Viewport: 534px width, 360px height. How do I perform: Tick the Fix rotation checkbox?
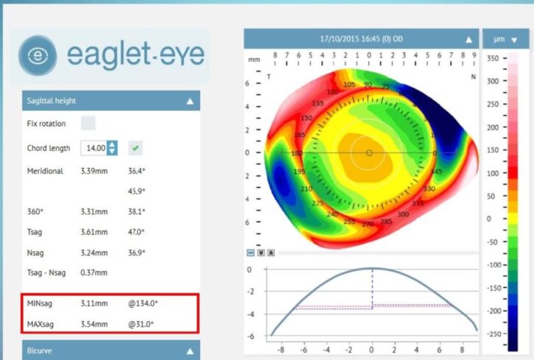(x=88, y=123)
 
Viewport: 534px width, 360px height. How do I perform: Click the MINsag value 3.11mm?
(x=94, y=303)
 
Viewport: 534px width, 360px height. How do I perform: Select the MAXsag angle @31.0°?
(x=141, y=323)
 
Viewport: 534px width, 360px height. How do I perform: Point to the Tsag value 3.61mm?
(x=94, y=231)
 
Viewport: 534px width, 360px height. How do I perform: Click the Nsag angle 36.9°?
(x=137, y=252)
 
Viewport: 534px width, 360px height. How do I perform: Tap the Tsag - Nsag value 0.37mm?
(x=94, y=272)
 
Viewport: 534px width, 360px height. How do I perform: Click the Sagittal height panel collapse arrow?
(x=190, y=101)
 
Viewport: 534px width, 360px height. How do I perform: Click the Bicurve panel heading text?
(x=41, y=351)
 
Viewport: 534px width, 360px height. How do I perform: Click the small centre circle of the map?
(x=369, y=152)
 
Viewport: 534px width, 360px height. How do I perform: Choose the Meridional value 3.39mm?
(x=94, y=171)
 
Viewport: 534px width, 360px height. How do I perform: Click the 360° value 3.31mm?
(x=94, y=211)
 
